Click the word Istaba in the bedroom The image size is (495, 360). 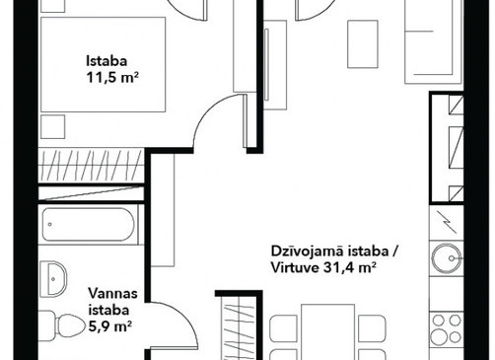point(106,61)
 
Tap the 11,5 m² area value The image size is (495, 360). point(111,78)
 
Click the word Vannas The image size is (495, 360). point(112,293)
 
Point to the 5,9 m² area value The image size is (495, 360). point(110,326)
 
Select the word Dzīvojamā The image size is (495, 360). point(308,252)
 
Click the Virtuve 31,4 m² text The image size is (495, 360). point(323,268)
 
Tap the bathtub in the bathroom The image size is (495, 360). point(89,225)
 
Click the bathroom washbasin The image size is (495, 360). point(53,279)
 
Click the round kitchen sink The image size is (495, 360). point(446,258)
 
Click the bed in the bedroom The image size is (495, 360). point(103,65)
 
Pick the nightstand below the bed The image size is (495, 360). point(53,127)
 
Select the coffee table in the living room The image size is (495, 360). point(363,44)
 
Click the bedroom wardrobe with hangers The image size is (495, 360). point(91,166)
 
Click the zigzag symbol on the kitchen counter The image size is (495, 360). point(446,223)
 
